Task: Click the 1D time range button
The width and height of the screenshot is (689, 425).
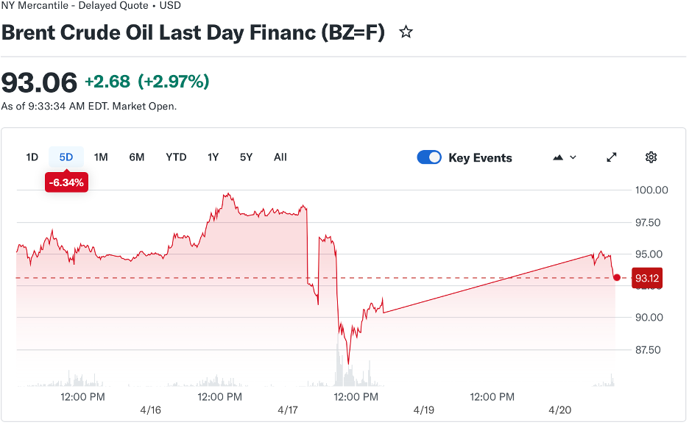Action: pyautogui.click(x=32, y=157)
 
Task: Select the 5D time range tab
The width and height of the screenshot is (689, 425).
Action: pyautogui.click(x=66, y=157)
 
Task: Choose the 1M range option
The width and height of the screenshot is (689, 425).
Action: pyautogui.click(x=101, y=157)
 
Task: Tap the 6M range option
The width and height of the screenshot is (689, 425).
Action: pyautogui.click(x=137, y=157)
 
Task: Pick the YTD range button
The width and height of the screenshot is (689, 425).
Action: pyautogui.click(x=176, y=157)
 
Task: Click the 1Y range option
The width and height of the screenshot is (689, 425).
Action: pyautogui.click(x=213, y=157)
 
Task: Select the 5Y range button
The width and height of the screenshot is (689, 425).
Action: pyautogui.click(x=246, y=157)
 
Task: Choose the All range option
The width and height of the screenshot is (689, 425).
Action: pyautogui.click(x=280, y=157)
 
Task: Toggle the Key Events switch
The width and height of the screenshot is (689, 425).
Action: pyautogui.click(x=429, y=157)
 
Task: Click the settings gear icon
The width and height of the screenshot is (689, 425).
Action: pyautogui.click(x=651, y=157)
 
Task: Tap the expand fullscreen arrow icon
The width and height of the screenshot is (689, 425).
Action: pyautogui.click(x=612, y=157)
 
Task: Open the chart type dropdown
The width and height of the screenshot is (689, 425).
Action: pyautogui.click(x=564, y=157)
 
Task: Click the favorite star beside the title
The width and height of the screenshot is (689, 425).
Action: pyautogui.click(x=406, y=32)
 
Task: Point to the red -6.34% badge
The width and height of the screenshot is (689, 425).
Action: pyautogui.click(x=66, y=182)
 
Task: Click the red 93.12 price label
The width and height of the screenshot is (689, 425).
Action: pyautogui.click(x=646, y=278)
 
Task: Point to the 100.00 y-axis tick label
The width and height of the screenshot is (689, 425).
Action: pyautogui.click(x=651, y=190)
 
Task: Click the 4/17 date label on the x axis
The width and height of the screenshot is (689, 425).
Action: pyautogui.click(x=287, y=410)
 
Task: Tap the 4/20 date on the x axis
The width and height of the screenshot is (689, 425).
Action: pyautogui.click(x=560, y=410)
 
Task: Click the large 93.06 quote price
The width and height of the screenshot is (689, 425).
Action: pyautogui.click(x=39, y=82)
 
